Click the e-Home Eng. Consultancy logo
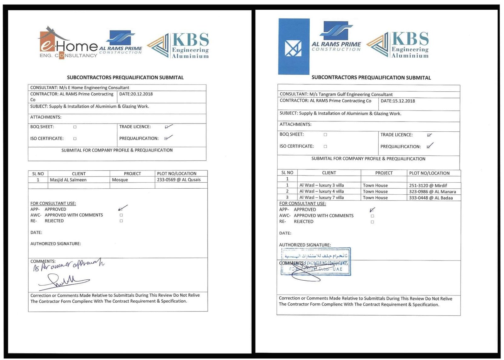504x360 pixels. tap(68, 44)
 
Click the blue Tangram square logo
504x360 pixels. tap(294, 47)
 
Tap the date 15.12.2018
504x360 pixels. tap(398, 101)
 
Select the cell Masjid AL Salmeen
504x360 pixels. tap(68, 180)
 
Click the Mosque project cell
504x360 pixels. tap(120, 180)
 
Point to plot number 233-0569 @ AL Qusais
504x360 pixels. tap(179, 180)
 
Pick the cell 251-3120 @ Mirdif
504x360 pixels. tap(428, 186)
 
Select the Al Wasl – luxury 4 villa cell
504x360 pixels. tap(321, 191)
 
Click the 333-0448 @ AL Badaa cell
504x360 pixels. tap(431, 198)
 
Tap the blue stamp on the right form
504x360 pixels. tap(316, 262)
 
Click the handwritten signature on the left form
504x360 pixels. tap(63, 281)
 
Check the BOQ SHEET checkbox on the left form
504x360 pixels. tap(75, 127)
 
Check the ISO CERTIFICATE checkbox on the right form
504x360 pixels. tap(325, 146)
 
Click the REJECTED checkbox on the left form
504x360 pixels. tap(121, 221)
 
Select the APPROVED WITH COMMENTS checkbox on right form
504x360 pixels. tap(372, 216)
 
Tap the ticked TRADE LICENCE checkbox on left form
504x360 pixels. tap(167, 127)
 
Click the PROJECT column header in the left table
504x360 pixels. tap(132, 174)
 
